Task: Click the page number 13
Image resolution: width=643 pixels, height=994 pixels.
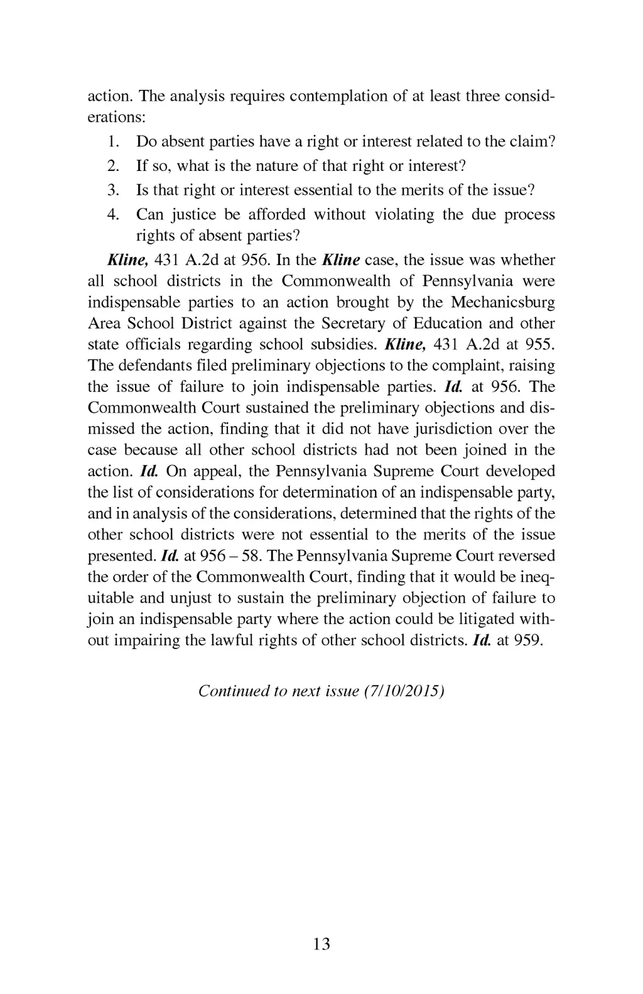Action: tap(321, 944)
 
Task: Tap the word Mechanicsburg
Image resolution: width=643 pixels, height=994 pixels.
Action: tap(502, 302)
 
